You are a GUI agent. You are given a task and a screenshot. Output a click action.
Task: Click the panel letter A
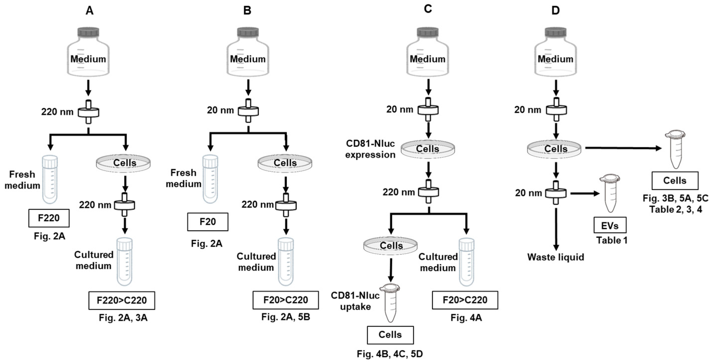pyautogui.click(x=89, y=11)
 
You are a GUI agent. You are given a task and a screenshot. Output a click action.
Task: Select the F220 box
pyautogui.click(x=49, y=218)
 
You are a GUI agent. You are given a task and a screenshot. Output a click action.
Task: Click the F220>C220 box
pyautogui.click(x=122, y=300)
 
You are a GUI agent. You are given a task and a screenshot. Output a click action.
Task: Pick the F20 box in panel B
pyautogui.click(x=208, y=222)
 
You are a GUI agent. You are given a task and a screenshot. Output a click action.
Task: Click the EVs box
pyautogui.click(x=610, y=225)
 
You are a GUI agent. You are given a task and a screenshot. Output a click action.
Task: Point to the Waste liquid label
pyautogui.click(x=556, y=257)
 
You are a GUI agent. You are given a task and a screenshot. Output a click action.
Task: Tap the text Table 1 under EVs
pyautogui.click(x=612, y=240)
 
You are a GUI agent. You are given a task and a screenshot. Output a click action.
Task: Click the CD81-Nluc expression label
pyautogui.click(x=370, y=149)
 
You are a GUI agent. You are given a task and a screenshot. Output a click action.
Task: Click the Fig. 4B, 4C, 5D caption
pyautogui.click(x=390, y=354)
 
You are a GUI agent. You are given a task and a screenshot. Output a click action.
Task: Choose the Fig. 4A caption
pyautogui.click(x=466, y=318)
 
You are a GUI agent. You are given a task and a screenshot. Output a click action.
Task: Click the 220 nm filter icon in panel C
pyautogui.click(x=428, y=192)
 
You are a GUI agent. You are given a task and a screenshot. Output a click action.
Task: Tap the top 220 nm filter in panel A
pyautogui.click(x=88, y=112)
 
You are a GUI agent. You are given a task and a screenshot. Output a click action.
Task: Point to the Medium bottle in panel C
pyautogui.click(x=427, y=52)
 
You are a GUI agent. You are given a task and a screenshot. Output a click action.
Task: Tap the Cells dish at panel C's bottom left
pyautogui.click(x=390, y=245)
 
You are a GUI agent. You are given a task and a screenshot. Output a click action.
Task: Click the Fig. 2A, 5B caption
pyautogui.click(x=286, y=317)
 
